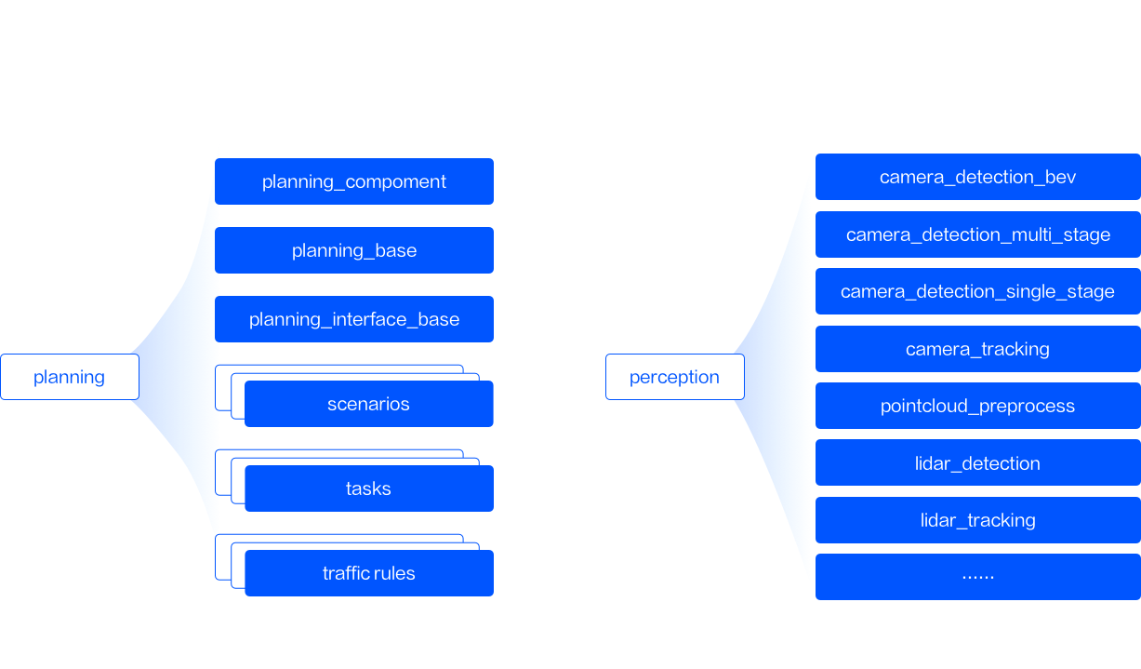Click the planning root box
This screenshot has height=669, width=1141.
(x=70, y=377)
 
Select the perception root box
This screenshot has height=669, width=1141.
(x=675, y=377)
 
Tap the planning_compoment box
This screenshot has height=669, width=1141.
(x=354, y=181)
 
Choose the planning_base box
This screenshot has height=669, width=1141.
(x=354, y=250)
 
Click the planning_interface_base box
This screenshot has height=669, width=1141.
(x=354, y=319)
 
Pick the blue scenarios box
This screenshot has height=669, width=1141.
(x=369, y=404)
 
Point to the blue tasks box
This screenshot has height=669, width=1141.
(x=369, y=488)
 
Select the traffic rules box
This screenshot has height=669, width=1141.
(x=369, y=573)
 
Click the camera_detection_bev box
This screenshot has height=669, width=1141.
(x=977, y=177)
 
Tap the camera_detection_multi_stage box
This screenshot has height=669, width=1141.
(x=977, y=234)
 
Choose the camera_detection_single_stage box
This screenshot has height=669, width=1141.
(x=977, y=291)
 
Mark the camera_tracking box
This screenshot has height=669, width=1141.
(x=977, y=349)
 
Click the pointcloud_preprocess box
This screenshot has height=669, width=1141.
(x=977, y=406)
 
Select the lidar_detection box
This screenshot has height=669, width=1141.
(x=977, y=462)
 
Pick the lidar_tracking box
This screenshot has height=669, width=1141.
(x=977, y=520)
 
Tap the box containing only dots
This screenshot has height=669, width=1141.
(x=977, y=577)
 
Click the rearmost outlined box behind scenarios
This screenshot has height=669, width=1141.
(x=339, y=367)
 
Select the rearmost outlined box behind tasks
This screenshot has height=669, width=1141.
(x=339, y=451)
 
